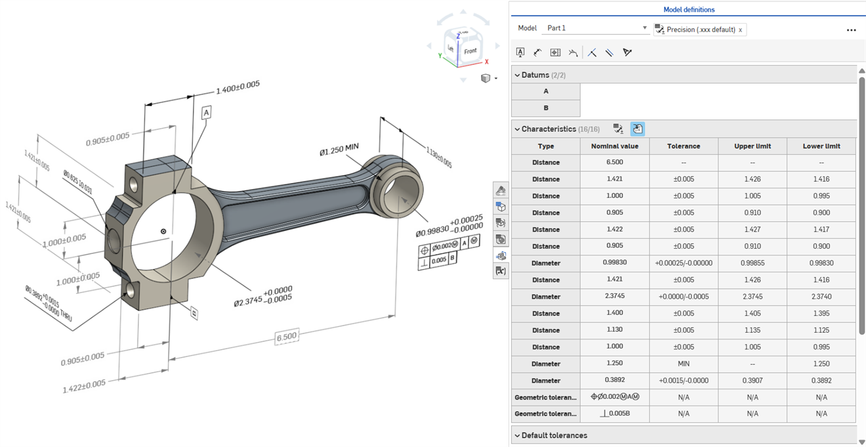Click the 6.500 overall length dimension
(286, 337)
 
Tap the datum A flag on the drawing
(206, 113)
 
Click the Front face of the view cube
(470, 51)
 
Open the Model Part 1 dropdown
(596, 28)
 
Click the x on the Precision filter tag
(741, 30)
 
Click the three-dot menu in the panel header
(851, 30)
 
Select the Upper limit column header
(752, 146)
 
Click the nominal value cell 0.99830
(615, 263)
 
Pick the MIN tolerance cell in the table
(683, 364)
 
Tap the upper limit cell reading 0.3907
(752, 381)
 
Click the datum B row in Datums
(546, 108)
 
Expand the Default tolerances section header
(554, 435)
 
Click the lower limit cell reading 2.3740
(821, 297)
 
